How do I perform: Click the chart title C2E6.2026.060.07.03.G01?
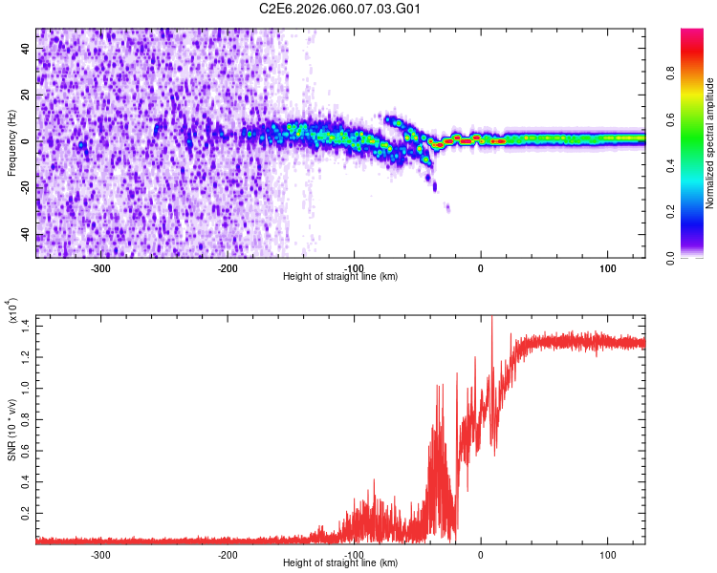pos(340,10)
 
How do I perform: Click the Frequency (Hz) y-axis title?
pos(11,142)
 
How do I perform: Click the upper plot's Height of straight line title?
pos(340,277)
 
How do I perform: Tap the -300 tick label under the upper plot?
pos(100,266)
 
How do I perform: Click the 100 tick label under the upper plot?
pos(607,266)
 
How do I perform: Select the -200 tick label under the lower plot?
pos(227,553)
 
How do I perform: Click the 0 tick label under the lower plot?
pos(481,553)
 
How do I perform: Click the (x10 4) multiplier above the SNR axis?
pos(13,310)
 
